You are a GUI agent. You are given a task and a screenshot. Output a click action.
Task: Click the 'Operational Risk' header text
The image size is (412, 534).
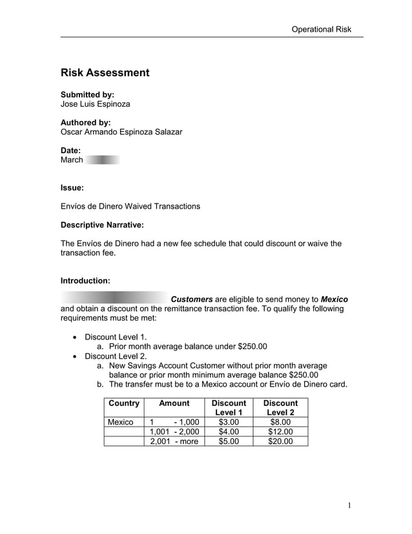(321, 29)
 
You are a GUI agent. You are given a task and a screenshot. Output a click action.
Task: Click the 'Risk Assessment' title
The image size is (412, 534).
(105, 72)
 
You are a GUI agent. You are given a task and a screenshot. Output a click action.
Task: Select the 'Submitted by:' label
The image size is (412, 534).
(87, 94)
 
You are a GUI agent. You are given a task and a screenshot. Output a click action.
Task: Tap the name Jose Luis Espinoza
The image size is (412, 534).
(95, 105)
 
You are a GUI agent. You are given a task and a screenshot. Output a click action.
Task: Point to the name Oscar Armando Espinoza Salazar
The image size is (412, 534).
(121, 132)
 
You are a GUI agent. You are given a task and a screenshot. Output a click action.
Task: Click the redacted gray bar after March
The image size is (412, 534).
(103, 160)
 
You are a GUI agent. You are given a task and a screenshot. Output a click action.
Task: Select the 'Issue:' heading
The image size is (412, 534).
(72, 188)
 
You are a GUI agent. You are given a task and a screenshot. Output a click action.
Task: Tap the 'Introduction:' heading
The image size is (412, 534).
(85, 281)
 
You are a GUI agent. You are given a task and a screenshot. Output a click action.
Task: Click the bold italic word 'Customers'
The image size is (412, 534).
(191, 299)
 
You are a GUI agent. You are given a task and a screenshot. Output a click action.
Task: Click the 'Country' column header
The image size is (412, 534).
(124, 403)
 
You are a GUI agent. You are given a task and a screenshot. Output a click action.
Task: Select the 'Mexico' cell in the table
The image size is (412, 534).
(120, 422)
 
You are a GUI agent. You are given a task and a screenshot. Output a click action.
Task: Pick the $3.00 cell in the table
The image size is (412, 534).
(229, 422)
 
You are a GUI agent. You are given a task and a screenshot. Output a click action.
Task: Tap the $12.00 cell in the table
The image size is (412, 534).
(281, 432)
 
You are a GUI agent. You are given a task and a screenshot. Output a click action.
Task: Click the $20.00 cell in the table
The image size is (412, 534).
(281, 442)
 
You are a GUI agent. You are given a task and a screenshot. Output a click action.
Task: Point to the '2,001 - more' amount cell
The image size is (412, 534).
(174, 442)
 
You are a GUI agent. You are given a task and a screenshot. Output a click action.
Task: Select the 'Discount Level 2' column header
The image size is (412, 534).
(281, 408)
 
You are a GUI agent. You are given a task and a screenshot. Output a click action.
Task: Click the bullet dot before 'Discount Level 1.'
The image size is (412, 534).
(77, 337)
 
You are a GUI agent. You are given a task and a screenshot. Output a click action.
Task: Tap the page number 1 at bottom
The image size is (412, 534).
(349, 506)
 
